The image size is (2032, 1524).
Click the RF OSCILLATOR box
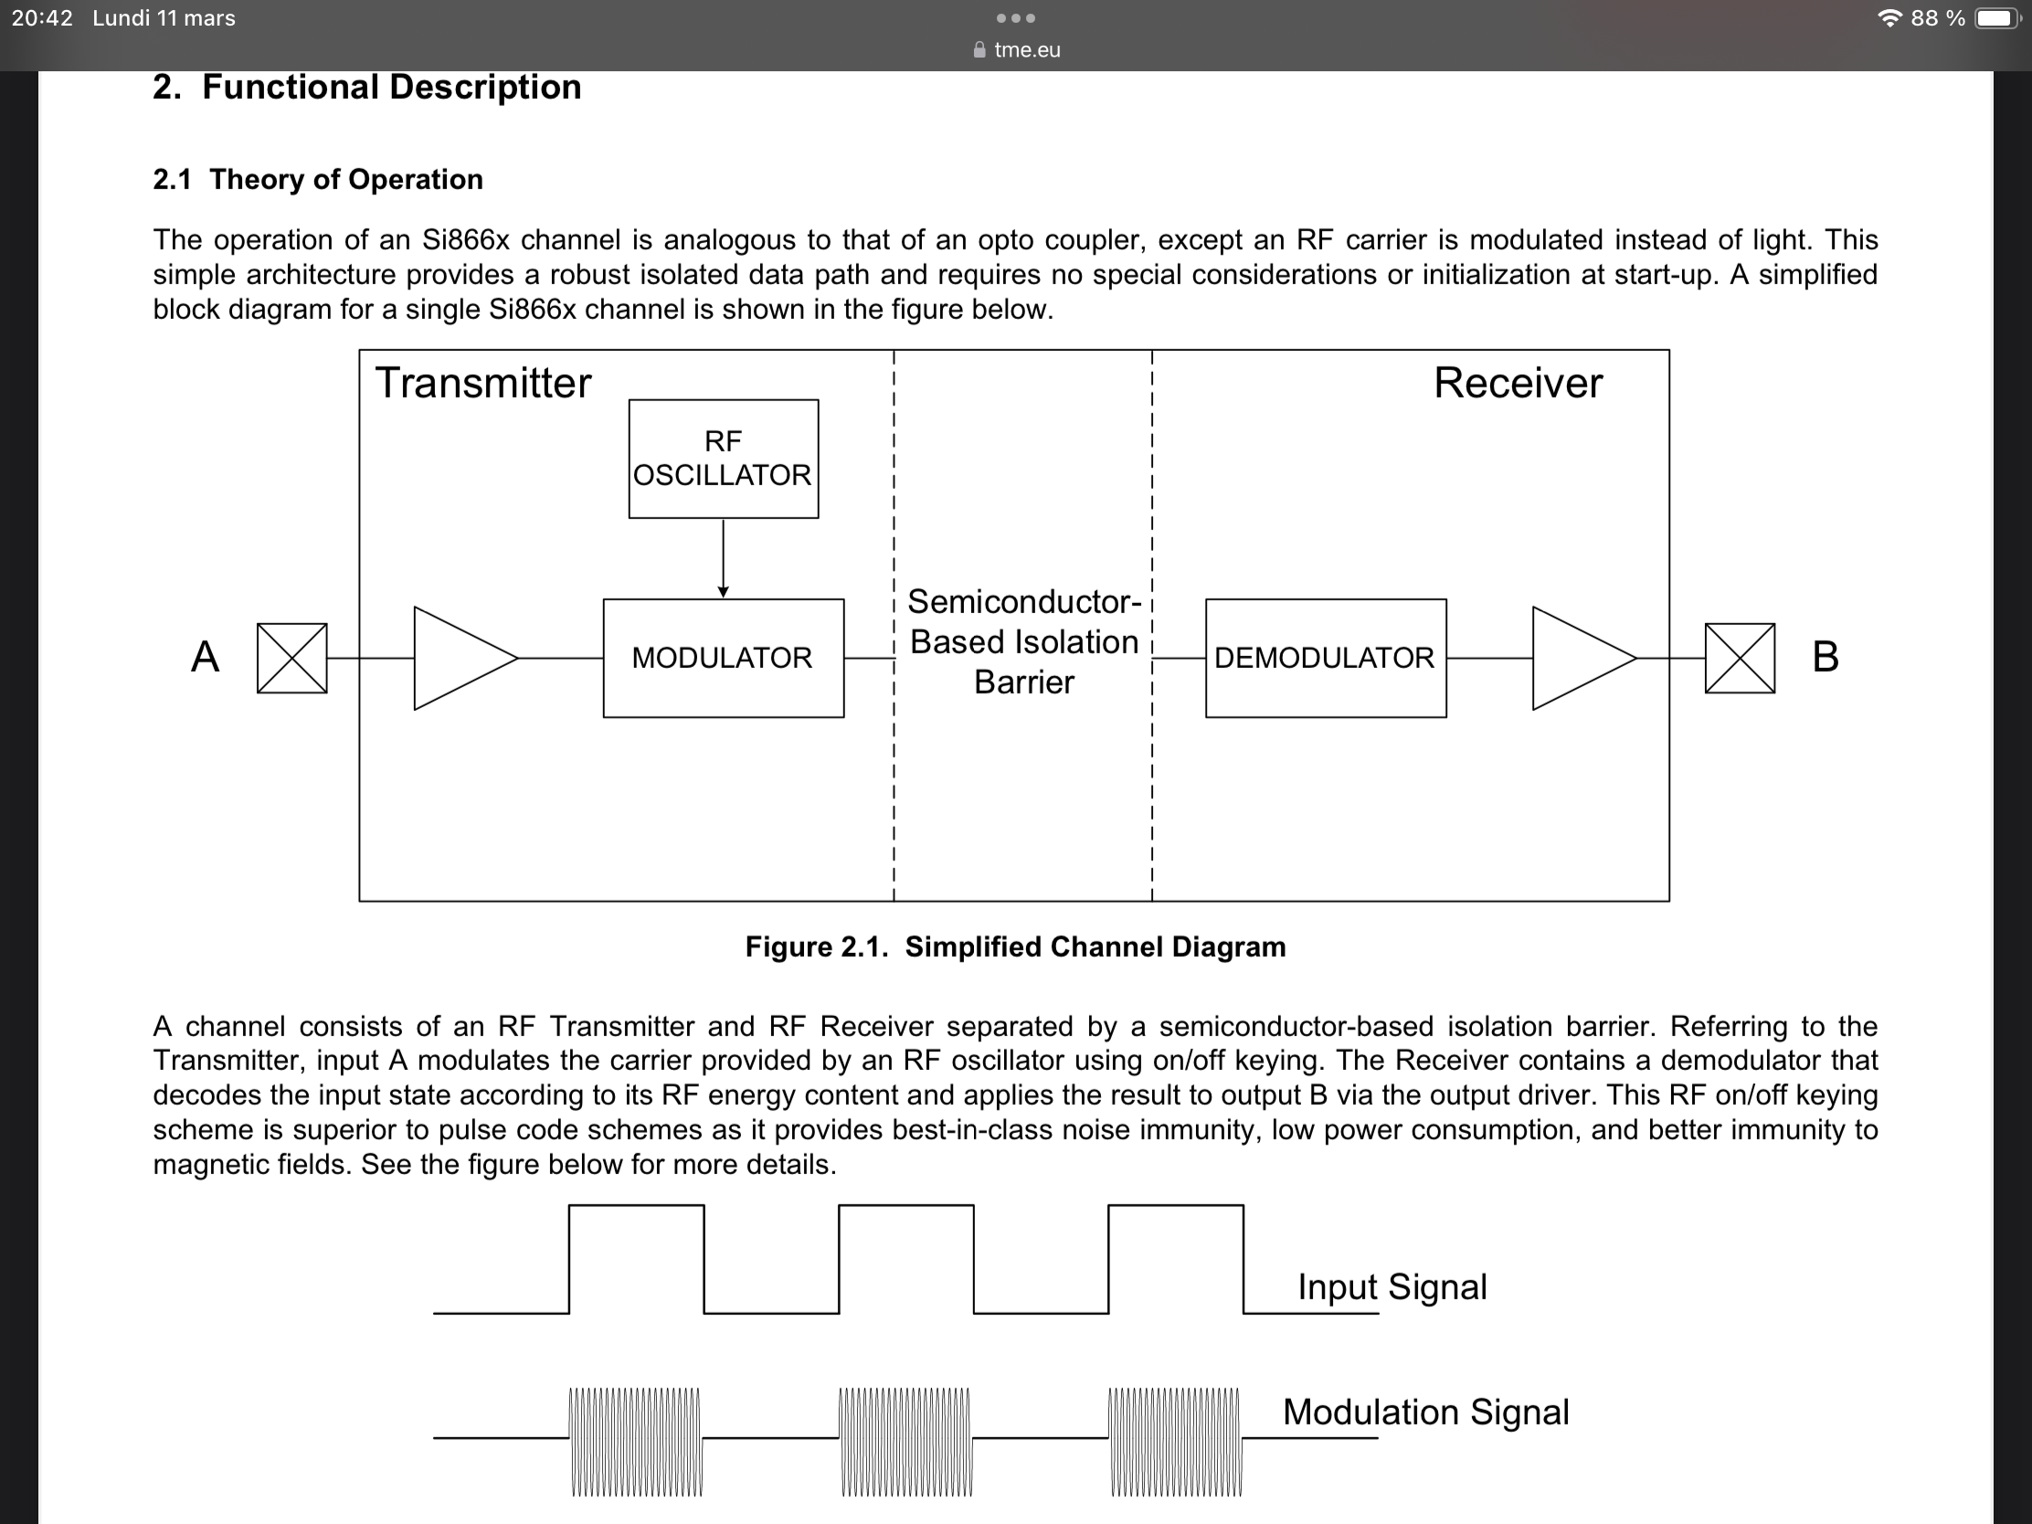tap(723, 459)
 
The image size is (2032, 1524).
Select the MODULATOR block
tap(723, 658)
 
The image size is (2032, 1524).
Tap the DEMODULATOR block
tap(1325, 658)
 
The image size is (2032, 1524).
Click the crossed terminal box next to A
tap(291, 658)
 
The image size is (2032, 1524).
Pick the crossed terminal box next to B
tap(1739, 658)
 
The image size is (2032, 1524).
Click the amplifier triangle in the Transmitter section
tap(460, 658)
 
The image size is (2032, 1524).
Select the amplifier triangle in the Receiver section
tap(1577, 658)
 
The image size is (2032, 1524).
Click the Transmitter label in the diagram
tap(483, 383)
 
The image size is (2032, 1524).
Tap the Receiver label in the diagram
tap(1518, 383)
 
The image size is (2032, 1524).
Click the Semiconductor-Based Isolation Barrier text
tap(1023, 641)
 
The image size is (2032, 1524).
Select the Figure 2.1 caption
tap(1015, 947)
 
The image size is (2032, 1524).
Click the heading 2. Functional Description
tap(366, 88)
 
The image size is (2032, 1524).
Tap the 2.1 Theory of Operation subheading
tap(318, 179)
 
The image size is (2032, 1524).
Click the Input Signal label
tap(1392, 1286)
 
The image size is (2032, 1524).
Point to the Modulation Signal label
tap(1425, 1411)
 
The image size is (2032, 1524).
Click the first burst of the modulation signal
tap(636, 1441)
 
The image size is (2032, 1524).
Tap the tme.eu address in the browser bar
tap(1026, 49)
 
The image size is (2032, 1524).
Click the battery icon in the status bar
tap(1996, 18)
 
